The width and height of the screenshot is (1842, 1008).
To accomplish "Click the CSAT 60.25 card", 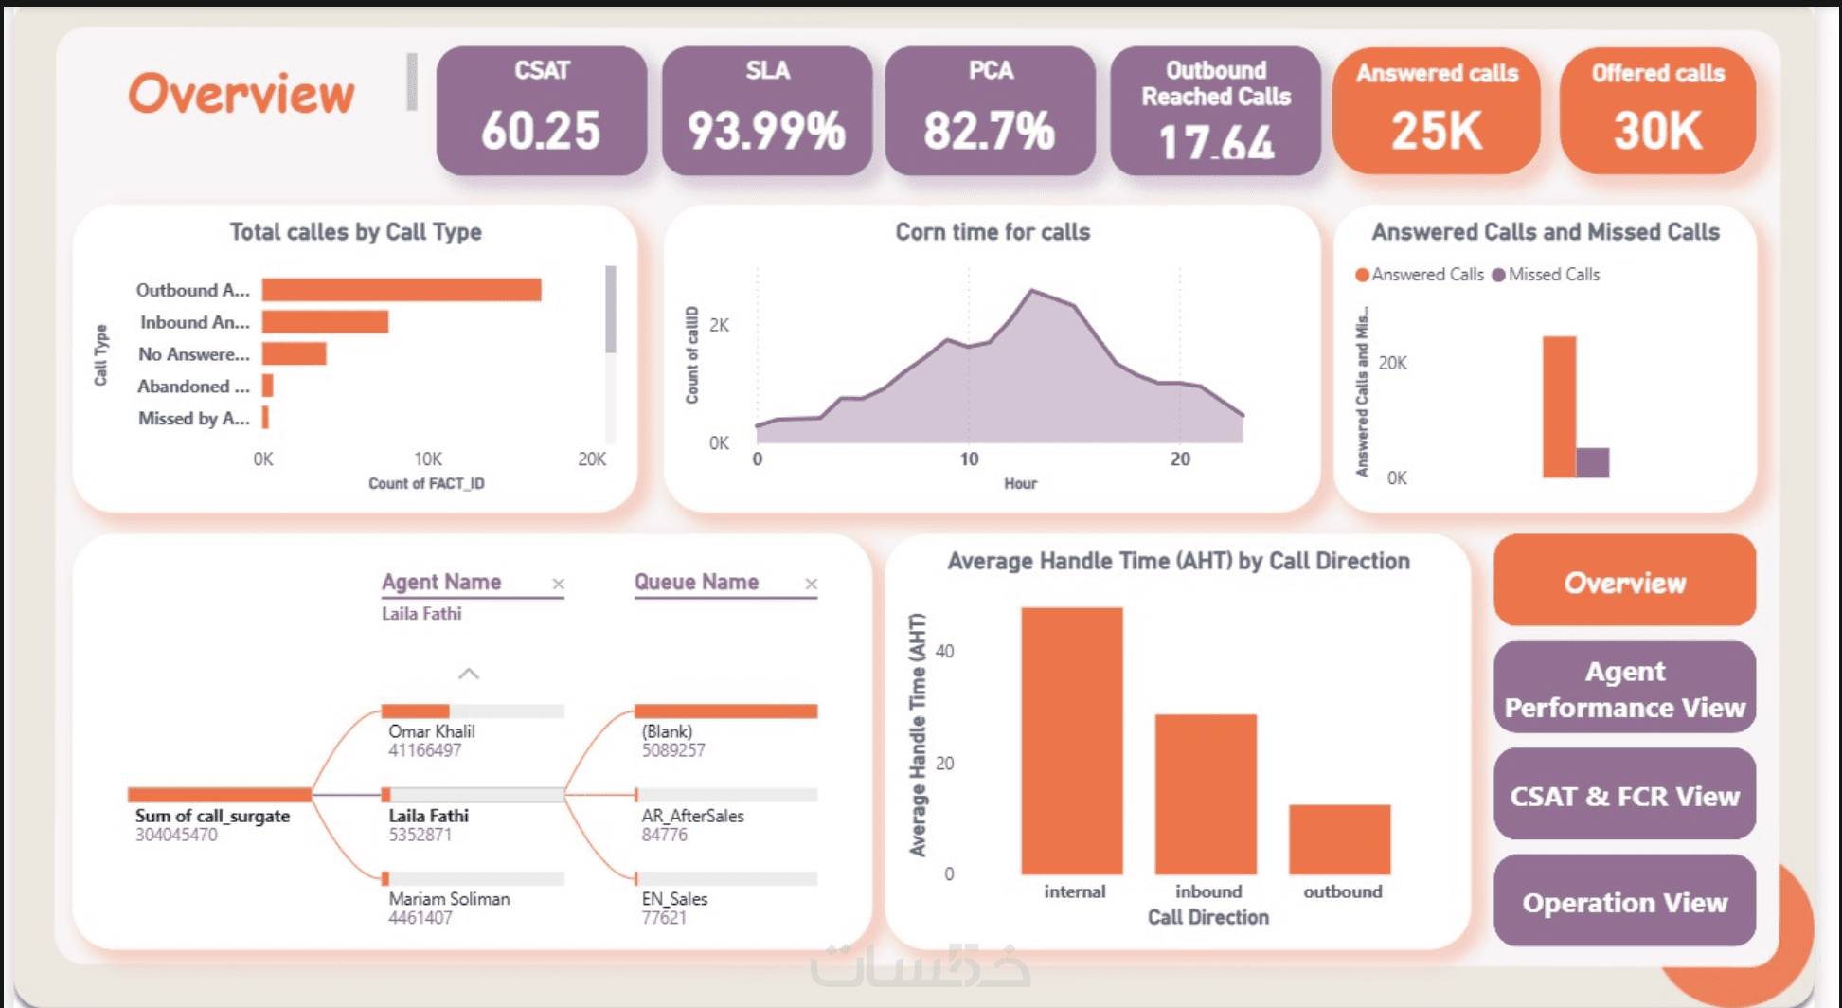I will point(541,111).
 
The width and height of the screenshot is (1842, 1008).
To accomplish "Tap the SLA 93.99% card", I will point(766,111).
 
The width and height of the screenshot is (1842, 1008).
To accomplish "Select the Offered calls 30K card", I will point(1657,111).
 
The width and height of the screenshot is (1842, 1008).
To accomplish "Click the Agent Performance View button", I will point(1624,689).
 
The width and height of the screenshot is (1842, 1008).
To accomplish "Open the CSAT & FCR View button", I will point(1624,796).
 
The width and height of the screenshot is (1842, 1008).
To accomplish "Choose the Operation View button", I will point(1624,902).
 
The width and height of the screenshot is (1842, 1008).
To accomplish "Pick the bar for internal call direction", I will point(1072,741).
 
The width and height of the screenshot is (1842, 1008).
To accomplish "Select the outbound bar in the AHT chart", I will point(1339,839).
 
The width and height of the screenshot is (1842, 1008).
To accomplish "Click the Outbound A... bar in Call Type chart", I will point(402,290).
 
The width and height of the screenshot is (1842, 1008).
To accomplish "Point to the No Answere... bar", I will point(295,354).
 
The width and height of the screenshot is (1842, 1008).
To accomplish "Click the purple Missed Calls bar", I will point(1592,462).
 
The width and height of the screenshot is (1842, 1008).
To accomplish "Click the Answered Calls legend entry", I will point(1420,275).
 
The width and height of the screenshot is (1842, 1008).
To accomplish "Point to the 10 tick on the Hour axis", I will point(969,459).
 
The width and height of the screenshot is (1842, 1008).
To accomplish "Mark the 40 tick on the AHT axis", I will point(944,651).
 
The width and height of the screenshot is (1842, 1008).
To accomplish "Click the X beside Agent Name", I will point(558,584).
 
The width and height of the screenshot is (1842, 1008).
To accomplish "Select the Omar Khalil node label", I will point(432,731).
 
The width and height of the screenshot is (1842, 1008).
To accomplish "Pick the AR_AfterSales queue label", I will point(692,816).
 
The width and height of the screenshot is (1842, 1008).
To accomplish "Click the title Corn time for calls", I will point(993,232).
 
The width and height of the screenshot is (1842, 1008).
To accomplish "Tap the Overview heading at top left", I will point(241,95).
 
